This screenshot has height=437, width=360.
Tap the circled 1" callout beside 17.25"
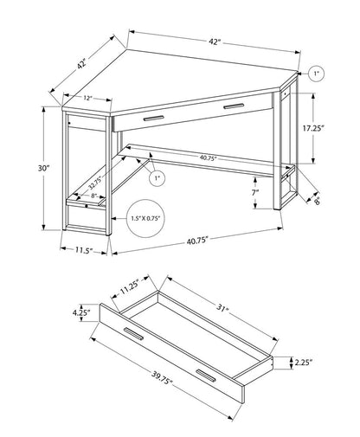point(318,74)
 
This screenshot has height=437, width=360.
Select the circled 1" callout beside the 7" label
point(156,178)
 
